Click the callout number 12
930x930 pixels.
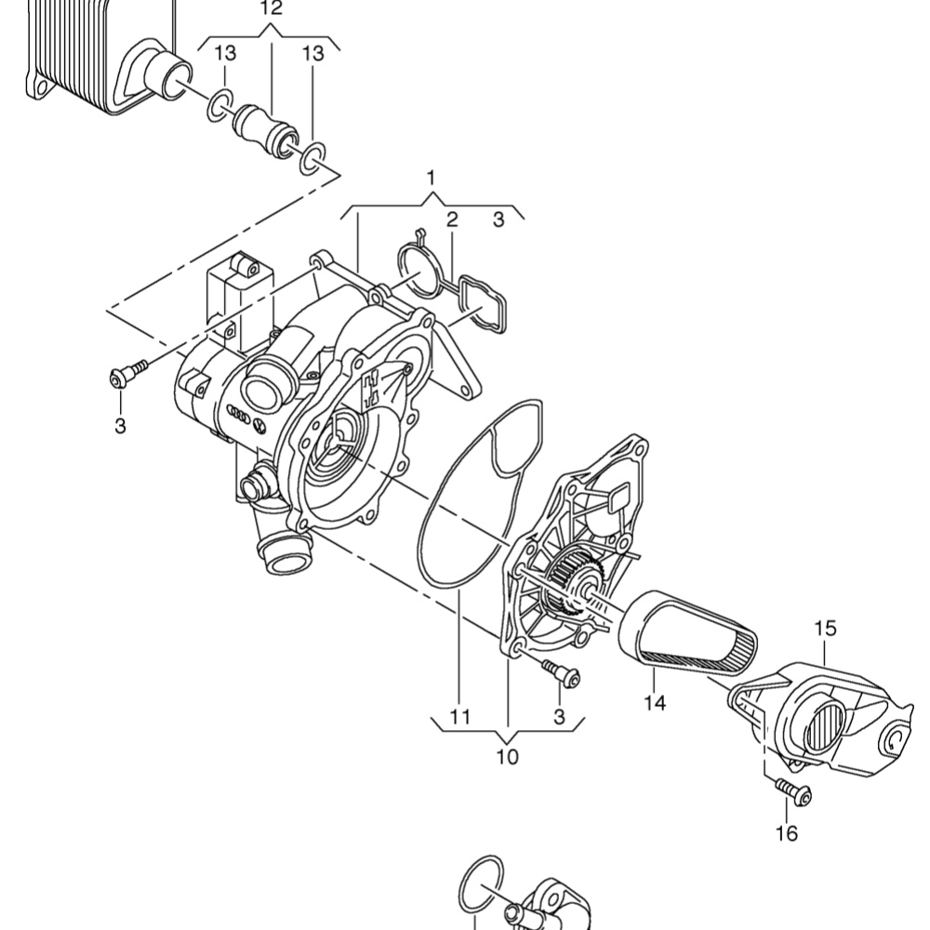(271, 8)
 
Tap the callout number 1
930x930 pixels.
(432, 178)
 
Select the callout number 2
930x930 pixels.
(452, 219)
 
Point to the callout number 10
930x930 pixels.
(507, 757)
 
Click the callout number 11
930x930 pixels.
(460, 717)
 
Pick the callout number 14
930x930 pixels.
(655, 703)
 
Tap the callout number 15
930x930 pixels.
(825, 629)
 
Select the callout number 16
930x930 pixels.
(787, 834)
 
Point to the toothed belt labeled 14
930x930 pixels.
(688, 632)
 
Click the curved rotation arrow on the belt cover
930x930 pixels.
(897, 742)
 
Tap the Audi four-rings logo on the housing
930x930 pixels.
(239, 415)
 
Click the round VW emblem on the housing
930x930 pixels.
(259, 426)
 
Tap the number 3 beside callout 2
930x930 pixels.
(498, 219)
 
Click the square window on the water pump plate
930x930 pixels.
(618, 496)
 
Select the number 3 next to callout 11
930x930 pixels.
(559, 717)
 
